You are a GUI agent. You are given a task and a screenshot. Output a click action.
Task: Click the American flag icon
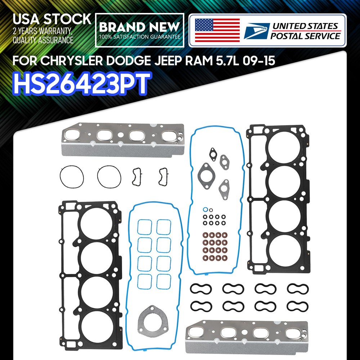click(217, 30)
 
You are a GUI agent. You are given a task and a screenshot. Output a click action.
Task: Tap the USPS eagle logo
click(256, 31)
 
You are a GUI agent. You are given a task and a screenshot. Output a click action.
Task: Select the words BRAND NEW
click(139, 27)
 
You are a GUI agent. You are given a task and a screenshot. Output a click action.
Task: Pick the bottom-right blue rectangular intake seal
click(164, 281)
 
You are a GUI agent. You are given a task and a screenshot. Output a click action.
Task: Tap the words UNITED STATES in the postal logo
click(305, 26)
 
